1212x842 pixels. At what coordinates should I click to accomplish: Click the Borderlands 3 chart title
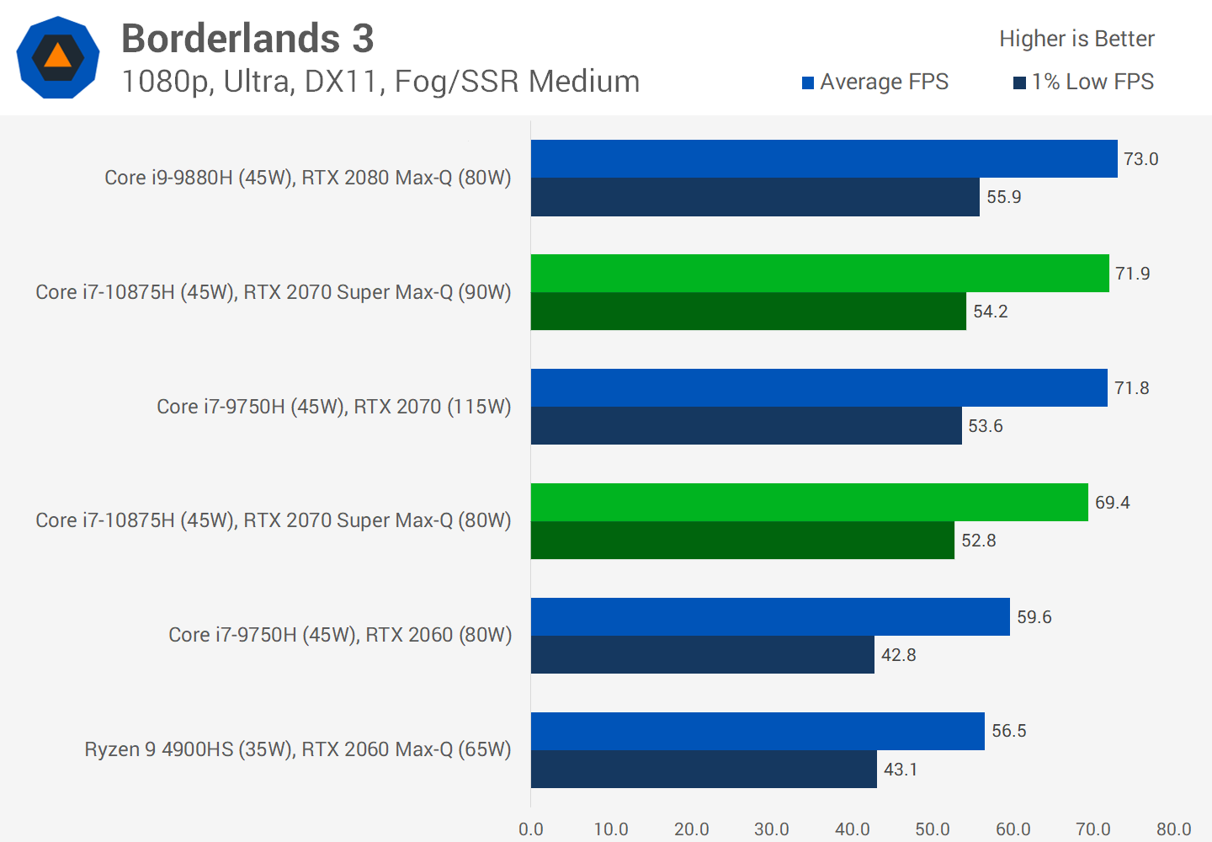click(247, 39)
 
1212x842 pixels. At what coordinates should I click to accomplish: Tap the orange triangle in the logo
click(57, 56)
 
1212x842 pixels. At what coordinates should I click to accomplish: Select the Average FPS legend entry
click(875, 82)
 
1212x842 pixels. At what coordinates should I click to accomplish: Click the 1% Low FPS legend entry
click(1084, 82)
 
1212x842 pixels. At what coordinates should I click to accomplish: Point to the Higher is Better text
click(1076, 39)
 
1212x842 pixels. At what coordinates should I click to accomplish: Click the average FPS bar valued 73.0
click(824, 158)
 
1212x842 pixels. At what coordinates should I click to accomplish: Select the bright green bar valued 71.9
click(820, 273)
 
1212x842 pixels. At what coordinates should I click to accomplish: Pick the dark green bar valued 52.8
click(742, 540)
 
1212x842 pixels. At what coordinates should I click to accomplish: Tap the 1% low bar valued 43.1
click(704, 769)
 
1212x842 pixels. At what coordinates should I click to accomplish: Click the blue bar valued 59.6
click(770, 616)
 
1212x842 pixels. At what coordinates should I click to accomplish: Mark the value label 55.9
click(1004, 197)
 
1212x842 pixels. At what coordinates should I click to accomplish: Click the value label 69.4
click(1112, 503)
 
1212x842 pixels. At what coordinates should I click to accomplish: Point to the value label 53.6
click(986, 426)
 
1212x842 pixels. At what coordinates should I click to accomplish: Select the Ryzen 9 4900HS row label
click(298, 749)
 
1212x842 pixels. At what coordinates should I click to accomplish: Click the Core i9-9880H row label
click(308, 178)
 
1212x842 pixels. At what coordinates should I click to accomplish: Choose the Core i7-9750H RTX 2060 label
click(340, 635)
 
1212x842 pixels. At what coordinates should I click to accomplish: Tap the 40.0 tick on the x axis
click(852, 829)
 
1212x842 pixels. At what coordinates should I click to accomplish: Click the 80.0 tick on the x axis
click(1173, 829)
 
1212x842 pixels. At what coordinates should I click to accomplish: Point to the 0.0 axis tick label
click(531, 829)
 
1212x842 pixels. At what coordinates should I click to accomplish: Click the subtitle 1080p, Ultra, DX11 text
click(380, 82)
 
